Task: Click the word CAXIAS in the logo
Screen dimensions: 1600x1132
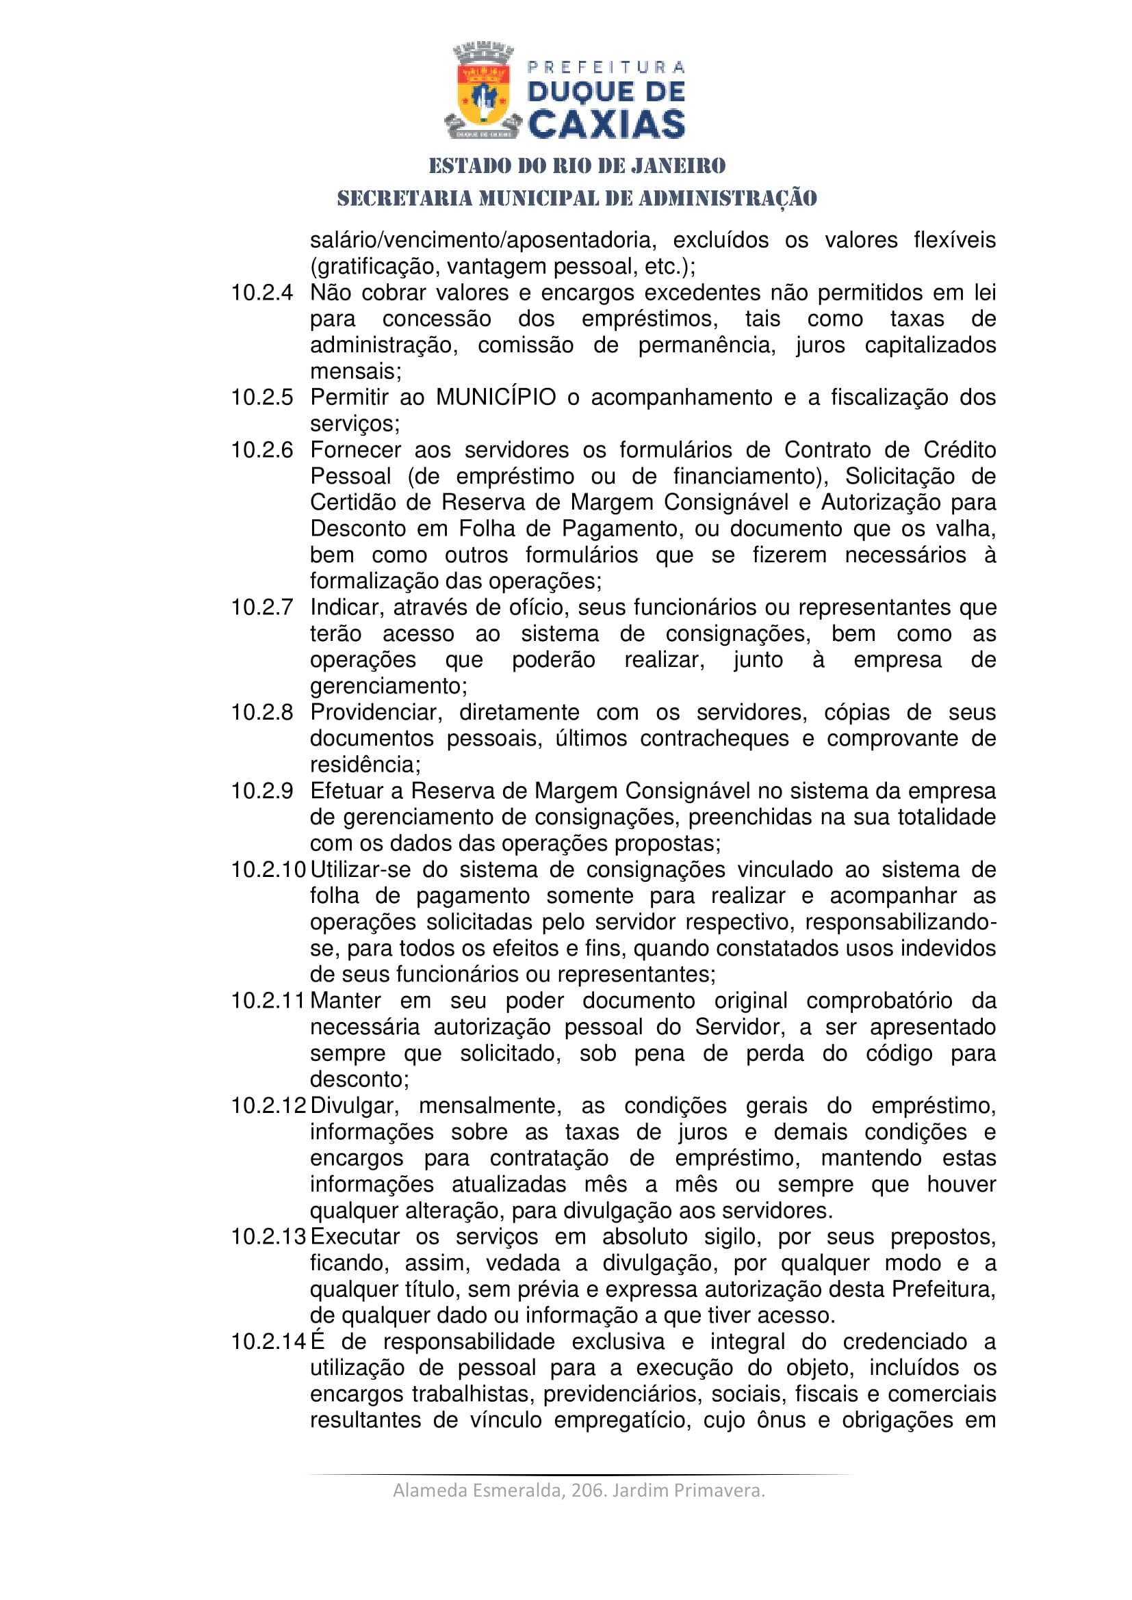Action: point(606,124)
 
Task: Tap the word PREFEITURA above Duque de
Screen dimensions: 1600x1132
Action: point(606,68)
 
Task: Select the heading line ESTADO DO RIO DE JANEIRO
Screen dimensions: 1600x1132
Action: point(577,166)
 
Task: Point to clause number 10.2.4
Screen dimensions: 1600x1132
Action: point(262,293)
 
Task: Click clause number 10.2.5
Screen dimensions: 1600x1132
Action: point(262,397)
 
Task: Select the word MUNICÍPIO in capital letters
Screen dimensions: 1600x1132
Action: point(496,397)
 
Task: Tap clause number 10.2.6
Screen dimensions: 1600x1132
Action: point(262,450)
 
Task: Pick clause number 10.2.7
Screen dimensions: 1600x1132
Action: point(262,607)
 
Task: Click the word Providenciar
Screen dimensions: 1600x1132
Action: point(376,712)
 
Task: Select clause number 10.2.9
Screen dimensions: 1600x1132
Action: point(262,791)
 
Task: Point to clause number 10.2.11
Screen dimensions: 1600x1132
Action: point(268,1001)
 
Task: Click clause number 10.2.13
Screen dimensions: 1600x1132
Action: point(268,1237)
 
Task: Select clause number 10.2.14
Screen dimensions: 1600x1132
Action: point(268,1341)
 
